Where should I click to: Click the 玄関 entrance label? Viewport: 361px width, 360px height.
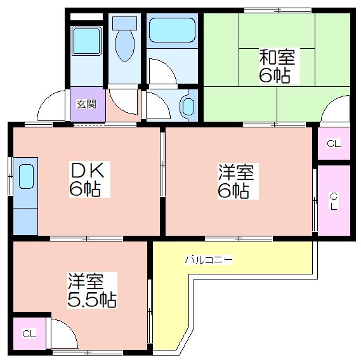point(86,104)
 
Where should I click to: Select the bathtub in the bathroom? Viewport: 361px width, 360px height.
point(172,30)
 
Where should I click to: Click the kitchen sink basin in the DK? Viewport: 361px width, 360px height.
point(26,176)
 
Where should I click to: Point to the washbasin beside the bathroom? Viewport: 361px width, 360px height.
point(188,106)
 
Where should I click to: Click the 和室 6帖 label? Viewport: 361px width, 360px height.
point(277,65)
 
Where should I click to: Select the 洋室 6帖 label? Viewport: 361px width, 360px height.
point(236,181)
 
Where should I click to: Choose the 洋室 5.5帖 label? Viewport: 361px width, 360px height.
point(92,290)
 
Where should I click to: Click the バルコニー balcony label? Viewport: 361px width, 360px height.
point(209,260)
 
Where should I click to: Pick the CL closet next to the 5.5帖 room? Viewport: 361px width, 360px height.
point(29,333)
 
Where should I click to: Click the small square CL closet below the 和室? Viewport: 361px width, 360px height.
point(334,143)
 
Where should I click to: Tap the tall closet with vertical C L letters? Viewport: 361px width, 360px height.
point(334,200)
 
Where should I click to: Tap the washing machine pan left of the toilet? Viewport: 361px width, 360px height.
point(86,41)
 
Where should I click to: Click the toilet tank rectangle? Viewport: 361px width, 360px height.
point(124,23)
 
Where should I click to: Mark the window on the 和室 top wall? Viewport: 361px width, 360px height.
point(278,10)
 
